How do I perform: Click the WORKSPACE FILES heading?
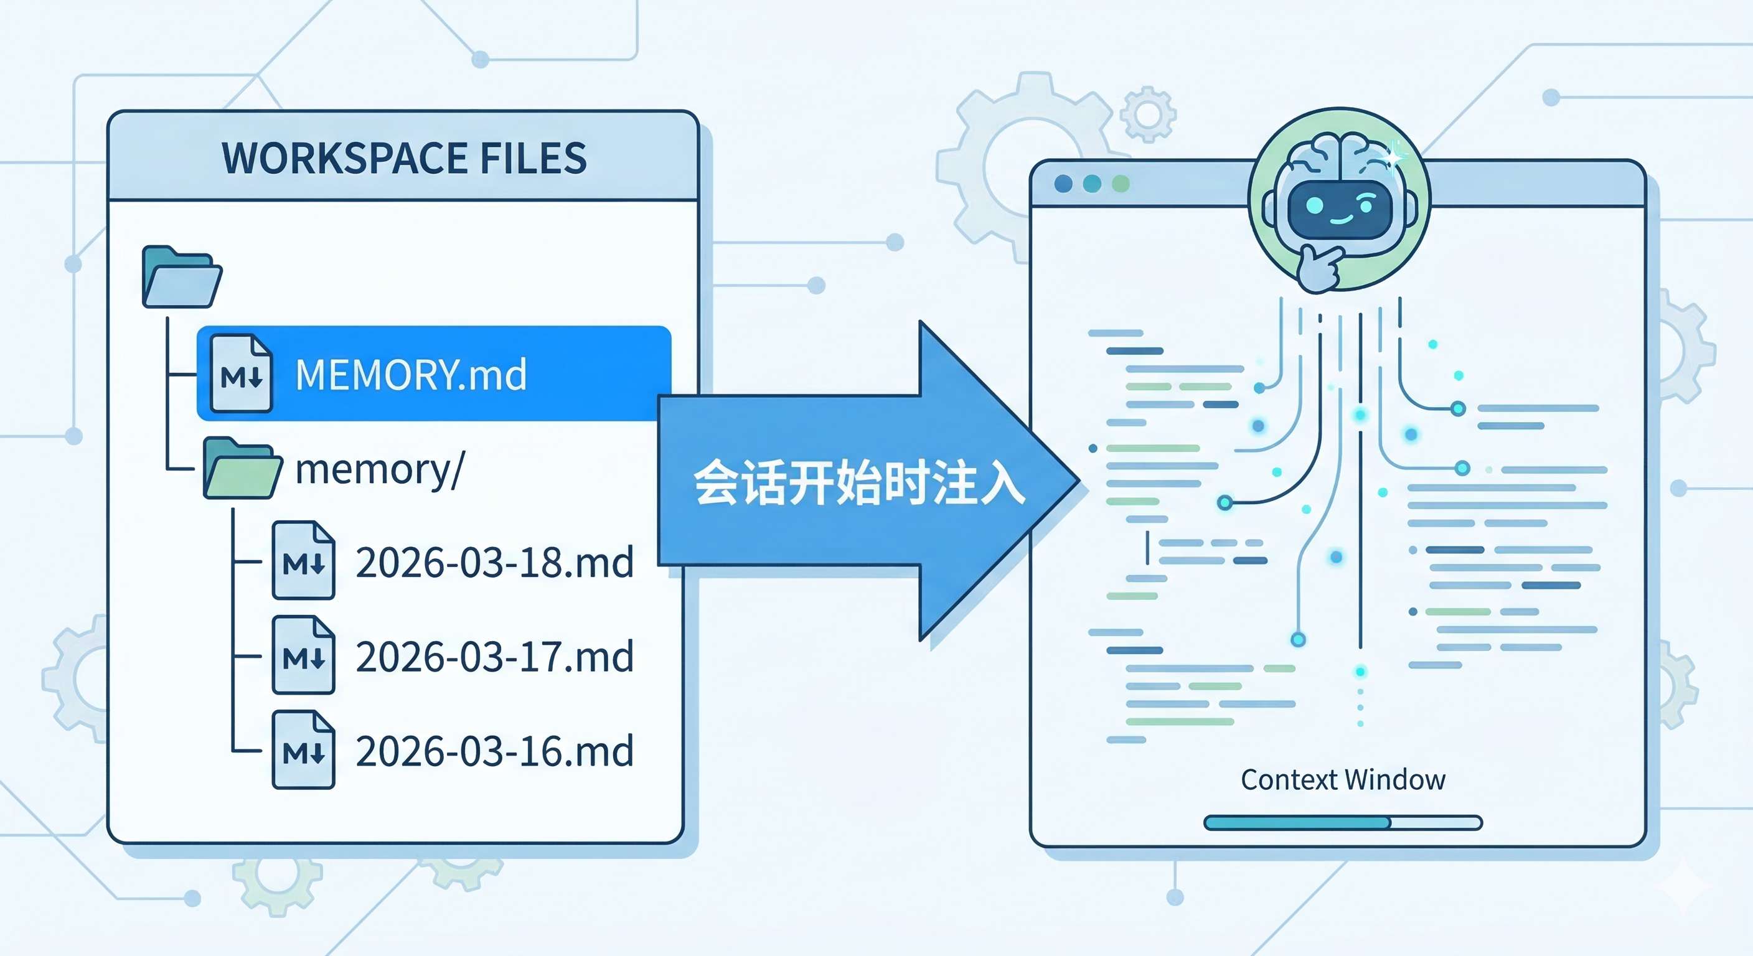pyautogui.click(x=404, y=158)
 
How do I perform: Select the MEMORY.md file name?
pyautogui.click(x=411, y=374)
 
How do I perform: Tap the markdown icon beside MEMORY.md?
pyautogui.click(x=241, y=373)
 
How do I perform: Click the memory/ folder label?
pyautogui.click(x=380, y=469)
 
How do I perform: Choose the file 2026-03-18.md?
pyautogui.click(x=494, y=562)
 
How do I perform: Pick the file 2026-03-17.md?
pyautogui.click(x=494, y=657)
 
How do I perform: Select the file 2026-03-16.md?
pyautogui.click(x=494, y=751)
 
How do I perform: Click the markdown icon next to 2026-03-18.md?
pyautogui.click(x=304, y=561)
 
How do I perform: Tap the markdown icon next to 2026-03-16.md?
pyautogui.click(x=304, y=750)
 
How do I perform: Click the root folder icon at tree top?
pyautogui.click(x=181, y=278)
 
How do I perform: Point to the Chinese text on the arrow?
pyautogui.click(x=859, y=482)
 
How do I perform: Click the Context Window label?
pyautogui.click(x=1343, y=780)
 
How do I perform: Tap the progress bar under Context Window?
pyautogui.click(x=1343, y=823)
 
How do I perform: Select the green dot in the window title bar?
pyautogui.click(x=1121, y=184)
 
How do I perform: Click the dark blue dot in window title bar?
pyautogui.click(x=1063, y=184)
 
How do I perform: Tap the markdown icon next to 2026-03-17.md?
pyautogui.click(x=304, y=655)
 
